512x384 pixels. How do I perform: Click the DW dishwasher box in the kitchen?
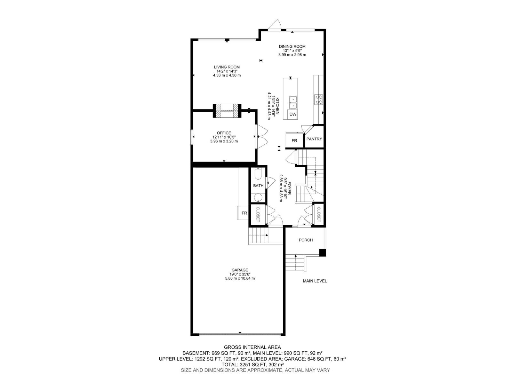tap(293, 114)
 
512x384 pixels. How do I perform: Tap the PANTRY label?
tap(314, 139)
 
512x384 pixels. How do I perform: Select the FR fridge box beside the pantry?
tap(294, 140)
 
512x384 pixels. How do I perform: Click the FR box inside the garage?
tap(244, 213)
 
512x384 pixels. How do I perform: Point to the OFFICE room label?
tap(224, 133)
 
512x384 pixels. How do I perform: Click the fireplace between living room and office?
tap(227, 111)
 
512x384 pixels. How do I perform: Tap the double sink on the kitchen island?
tap(293, 103)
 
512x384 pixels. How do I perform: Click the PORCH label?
tap(306, 240)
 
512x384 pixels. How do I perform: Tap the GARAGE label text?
tap(240, 270)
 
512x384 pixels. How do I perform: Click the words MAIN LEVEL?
tap(315, 281)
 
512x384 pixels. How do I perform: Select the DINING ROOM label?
tap(292, 46)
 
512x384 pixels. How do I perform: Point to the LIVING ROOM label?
tap(227, 67)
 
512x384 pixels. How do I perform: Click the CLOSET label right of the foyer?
tap(319, 214)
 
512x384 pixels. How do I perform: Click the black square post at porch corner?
tap(323, 253)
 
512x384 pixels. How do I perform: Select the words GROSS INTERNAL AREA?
tap(252, 347)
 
